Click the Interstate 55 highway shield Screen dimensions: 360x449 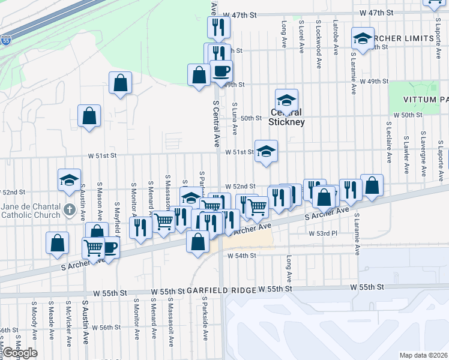[x=5, y=41]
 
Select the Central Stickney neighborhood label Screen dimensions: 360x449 [x=287, y=117]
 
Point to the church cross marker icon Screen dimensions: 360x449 [x=70, y=211]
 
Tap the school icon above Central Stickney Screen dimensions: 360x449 [x=287, y=100]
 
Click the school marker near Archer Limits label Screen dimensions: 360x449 [x=363, y=39]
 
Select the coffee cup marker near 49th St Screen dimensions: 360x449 [x=220, y=70]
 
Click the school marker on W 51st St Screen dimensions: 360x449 [x=265, y=151]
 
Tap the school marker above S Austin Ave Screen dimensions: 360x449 [x=69, y=179]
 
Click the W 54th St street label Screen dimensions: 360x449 [x=241, y=256]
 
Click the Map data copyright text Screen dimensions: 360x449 [x=423, y=355]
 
